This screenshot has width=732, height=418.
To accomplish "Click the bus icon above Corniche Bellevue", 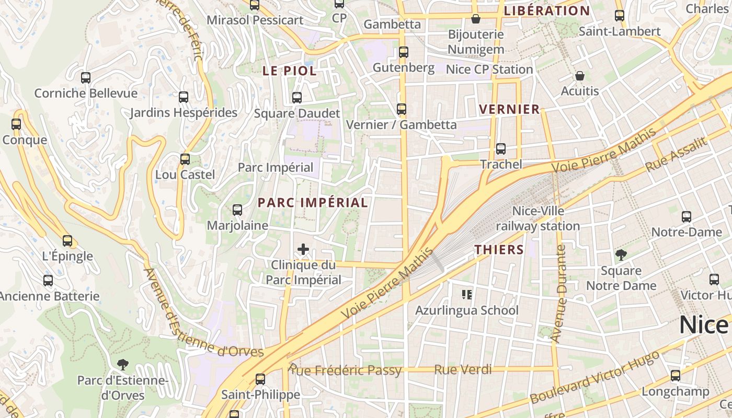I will click(86, 78).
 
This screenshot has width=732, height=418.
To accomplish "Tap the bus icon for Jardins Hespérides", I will click(184, 97).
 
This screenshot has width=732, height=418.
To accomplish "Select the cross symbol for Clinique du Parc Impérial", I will click(303, 249).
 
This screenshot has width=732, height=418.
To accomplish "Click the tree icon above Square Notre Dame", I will click(621, 255).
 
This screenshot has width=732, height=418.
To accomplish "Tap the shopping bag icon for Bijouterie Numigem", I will click(476, 19).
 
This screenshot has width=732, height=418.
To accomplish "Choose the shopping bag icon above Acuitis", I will click(580, 76).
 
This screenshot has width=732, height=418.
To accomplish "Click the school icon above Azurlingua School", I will click(467, 295).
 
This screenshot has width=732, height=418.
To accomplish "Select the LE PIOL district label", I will click(290, 71).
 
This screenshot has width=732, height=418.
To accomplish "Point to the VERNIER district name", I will click(509, 109).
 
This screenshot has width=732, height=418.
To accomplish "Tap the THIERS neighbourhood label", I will click(499, 250).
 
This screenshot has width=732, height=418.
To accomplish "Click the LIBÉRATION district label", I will click(547, 10).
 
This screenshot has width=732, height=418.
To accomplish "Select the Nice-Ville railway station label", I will click(538, 218).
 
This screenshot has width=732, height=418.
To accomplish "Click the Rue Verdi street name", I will click(463, 370).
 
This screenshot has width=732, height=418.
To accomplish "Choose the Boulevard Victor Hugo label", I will click(594, 378).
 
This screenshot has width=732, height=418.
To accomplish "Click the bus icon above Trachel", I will click(501, 149).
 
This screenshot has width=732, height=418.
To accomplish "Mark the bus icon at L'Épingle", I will click(67, 241).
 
